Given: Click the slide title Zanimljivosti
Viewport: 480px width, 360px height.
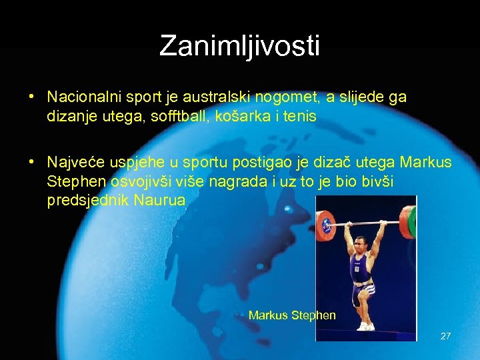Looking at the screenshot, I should point(240,46).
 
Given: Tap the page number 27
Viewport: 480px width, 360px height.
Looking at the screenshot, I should point(445,336).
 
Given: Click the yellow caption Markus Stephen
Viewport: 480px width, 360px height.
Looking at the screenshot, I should point(292,315).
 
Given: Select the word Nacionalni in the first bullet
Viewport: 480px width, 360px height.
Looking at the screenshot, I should point(79,97).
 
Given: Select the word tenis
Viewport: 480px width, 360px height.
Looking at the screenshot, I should point(299,116).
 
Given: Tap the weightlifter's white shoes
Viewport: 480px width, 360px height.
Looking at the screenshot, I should point(365,327).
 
